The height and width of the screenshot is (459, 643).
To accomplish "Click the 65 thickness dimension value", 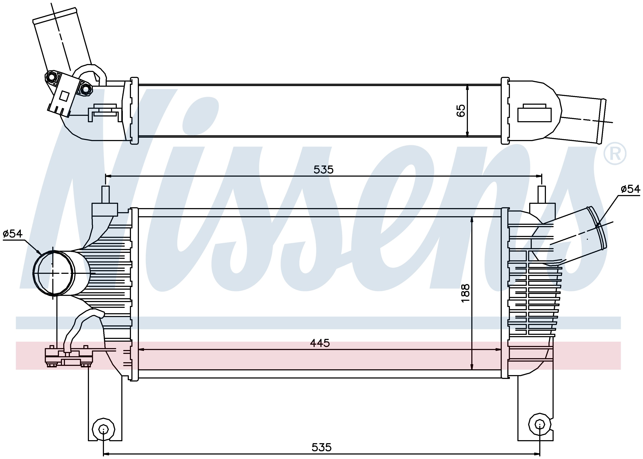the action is click(461, 110).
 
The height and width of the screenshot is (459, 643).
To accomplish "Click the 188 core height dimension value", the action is click(465, 293).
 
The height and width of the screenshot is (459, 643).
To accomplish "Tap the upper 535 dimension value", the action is click(324, 170).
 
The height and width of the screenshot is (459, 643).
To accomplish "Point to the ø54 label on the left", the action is click(12, 233).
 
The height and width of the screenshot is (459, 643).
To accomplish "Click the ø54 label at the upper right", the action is click(630, 189).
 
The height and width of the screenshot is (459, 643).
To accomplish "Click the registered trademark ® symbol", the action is click(615, 154).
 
